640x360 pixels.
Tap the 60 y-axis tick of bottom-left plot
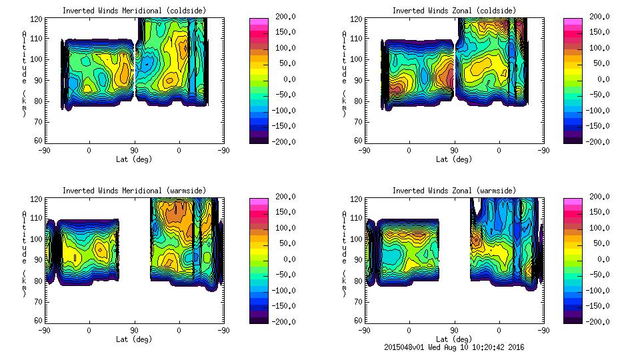(x=39, y=321)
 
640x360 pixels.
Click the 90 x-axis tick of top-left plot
(x=134, y=150)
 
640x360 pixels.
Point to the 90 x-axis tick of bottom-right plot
(x=455, y=330)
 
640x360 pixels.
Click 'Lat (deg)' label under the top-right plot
(x=454, y=159)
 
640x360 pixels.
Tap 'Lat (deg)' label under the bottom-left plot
(x=134, y=339)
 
